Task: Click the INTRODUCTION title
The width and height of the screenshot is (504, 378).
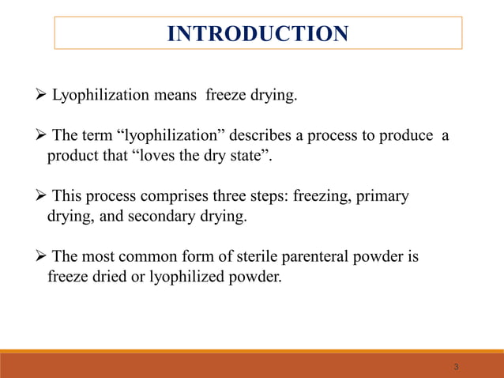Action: pos(258,34)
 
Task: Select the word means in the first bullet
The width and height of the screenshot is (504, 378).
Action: pos(179,96)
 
